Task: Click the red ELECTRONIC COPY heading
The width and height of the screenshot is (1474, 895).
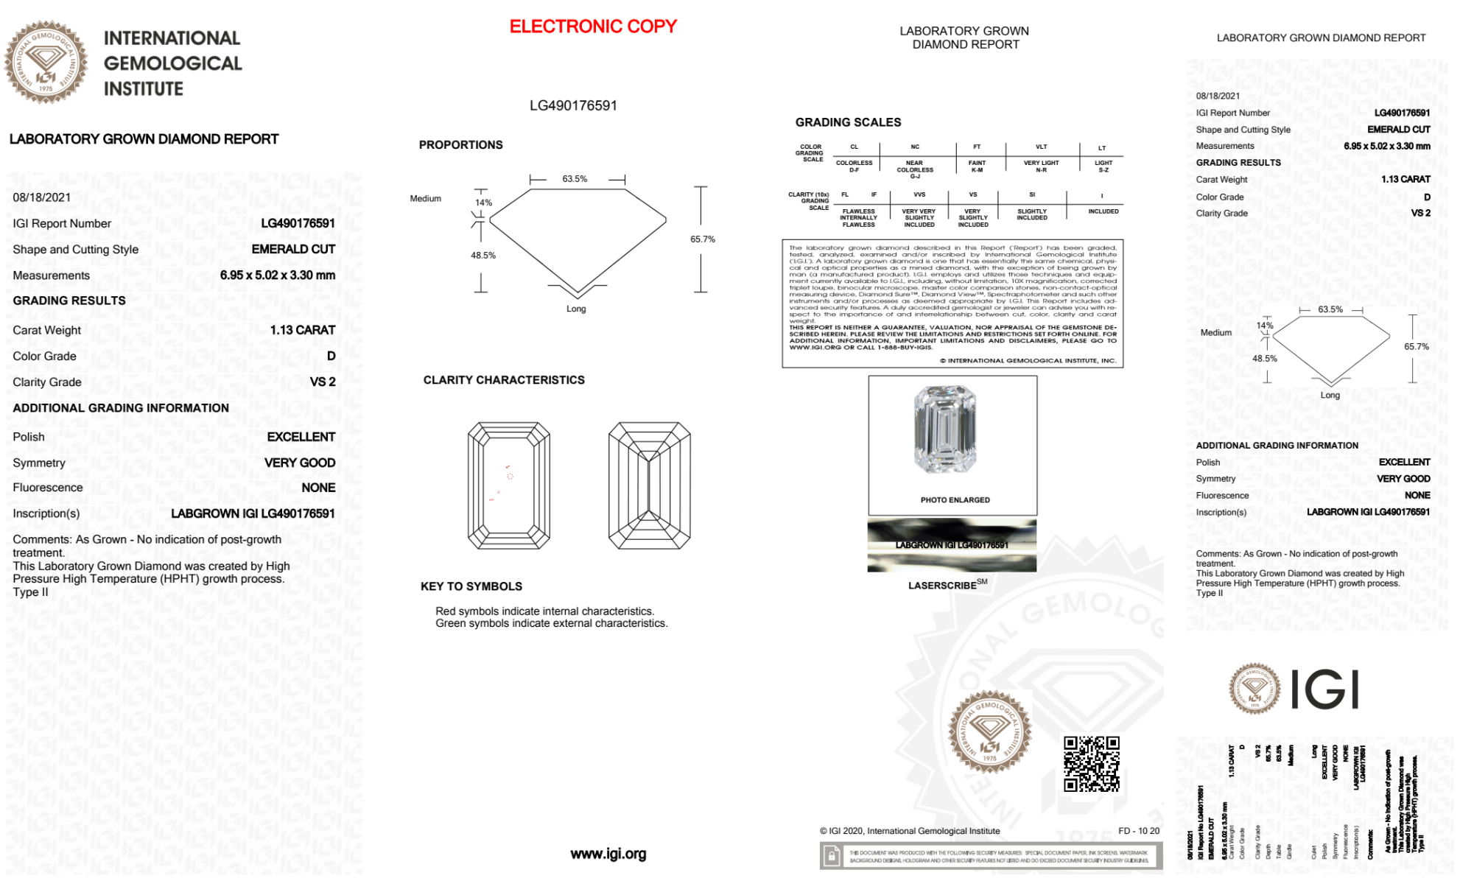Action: [593, 27]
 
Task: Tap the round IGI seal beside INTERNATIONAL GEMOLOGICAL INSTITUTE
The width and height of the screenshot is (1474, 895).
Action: [46, 63]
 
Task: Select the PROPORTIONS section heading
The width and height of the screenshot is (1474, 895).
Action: [460, 145]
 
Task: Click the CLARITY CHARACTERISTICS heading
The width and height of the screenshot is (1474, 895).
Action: [504, 380]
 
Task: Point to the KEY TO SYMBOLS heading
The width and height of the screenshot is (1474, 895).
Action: [471, 586]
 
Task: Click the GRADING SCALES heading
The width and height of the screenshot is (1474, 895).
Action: [848, 122]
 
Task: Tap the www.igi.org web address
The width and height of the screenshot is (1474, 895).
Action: [608, 854]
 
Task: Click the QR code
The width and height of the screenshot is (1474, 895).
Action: [1091, 764]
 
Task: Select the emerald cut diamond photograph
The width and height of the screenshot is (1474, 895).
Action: [945, 429]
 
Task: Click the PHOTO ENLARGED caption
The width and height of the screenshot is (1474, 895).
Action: [955, 500]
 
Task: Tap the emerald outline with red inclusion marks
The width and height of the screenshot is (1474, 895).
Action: [508, 485]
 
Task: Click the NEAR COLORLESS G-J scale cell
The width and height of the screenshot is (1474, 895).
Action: [915, 169]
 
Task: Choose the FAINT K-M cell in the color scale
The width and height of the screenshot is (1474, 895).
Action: [977, 166]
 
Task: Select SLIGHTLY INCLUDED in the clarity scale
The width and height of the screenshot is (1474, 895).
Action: [1031, 214]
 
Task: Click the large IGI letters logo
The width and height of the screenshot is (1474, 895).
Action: [1325, 690]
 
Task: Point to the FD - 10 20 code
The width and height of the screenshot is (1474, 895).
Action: [1138, 831]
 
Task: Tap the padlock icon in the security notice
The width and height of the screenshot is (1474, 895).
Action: [832, 856]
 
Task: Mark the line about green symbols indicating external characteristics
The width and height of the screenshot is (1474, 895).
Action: [551, 623]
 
